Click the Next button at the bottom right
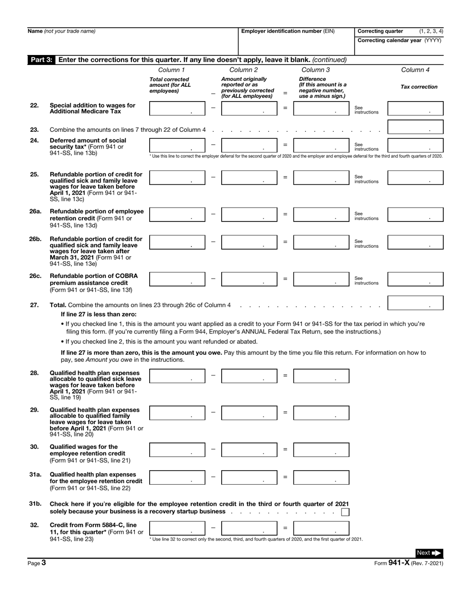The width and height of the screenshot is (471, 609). point(429,553)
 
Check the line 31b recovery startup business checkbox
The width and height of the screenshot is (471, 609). point(345,512)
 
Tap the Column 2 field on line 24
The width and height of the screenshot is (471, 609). point(249,145)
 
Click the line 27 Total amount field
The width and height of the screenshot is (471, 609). point(415,303)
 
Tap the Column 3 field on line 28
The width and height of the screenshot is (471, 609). point(321,376)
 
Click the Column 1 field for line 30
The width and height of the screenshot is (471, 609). point(177,450)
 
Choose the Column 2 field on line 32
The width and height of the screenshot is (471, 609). point(249,528)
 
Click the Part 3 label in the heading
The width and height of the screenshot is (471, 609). point(41,60)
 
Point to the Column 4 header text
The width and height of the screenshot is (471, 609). point(415,70)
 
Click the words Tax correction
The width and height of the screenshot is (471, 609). point(419,87)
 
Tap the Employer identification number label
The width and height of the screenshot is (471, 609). point(288,31)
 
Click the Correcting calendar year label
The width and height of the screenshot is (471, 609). point(399,40)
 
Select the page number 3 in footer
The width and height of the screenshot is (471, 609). point(44,562)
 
